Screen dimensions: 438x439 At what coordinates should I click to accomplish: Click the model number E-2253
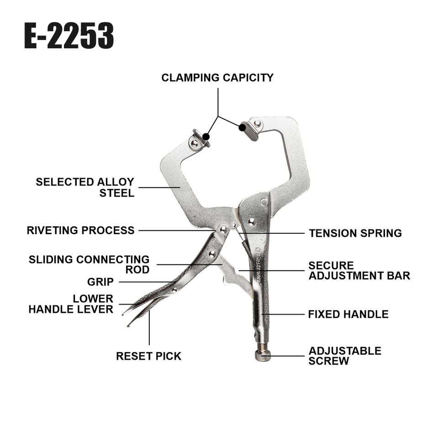coord(69,37)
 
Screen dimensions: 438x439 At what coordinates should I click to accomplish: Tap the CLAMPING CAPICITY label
coord(217,78)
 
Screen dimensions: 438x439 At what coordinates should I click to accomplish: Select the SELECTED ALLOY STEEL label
coord(85,187)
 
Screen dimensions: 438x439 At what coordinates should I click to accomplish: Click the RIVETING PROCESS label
coord(81,230)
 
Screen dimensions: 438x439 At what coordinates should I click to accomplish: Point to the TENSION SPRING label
coord(355,233)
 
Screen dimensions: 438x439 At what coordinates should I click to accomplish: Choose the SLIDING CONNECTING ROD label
coord(89,264)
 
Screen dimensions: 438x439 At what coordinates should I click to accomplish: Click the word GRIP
coord(100,282)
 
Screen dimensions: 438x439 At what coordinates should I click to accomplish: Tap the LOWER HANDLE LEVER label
coord(71,304)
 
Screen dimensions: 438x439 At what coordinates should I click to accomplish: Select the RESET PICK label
coord(148,356)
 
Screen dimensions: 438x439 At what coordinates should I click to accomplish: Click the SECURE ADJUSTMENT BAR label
coord(359,271)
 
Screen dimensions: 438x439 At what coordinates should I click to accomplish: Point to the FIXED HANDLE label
coord(348,315)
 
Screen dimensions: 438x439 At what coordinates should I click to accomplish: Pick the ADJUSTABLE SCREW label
coord(345,356)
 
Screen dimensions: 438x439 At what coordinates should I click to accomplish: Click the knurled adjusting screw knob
coord(261,356)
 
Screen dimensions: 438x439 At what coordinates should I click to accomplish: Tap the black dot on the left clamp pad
coord(206,136)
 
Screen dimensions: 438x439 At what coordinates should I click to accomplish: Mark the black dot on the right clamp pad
coord(242,128)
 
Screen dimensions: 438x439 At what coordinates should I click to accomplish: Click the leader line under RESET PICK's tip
coord(149,329)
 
